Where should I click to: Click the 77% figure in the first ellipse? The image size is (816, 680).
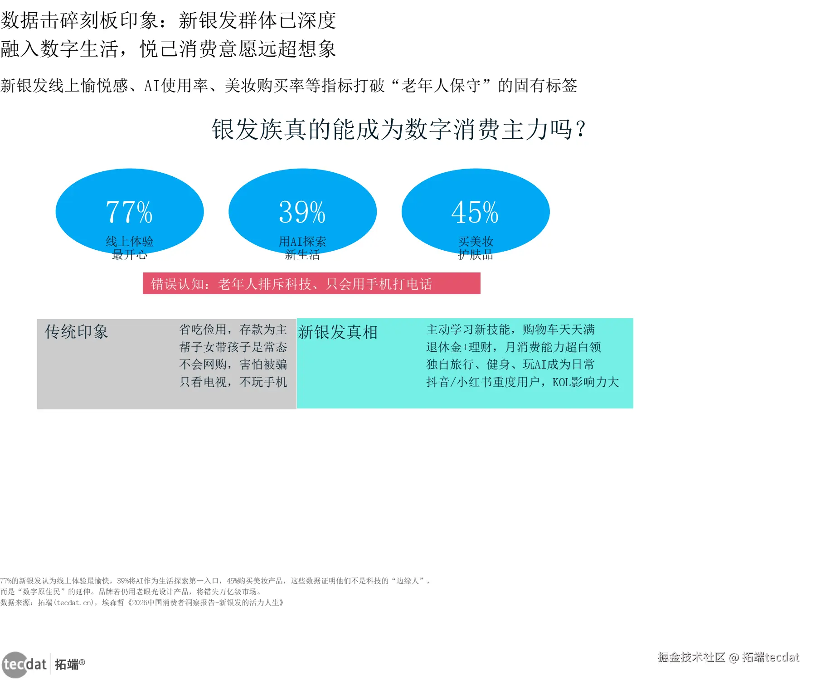tap(129, 212)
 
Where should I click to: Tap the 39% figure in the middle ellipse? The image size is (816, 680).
tap(302, 212)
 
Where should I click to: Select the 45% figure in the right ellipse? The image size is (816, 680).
tap(475, 212)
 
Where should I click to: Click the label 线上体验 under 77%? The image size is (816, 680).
tap(130, 241)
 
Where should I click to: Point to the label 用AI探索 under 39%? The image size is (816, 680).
tap(302, 241)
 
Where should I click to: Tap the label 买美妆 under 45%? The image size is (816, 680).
tap(476, 241)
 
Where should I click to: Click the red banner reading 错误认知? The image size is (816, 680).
tap(311, 284)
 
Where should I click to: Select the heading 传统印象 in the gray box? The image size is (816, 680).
tap(76, 332)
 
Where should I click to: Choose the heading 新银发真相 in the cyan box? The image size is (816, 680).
tap(338, 332)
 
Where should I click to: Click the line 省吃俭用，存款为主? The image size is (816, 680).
tap(233, 330)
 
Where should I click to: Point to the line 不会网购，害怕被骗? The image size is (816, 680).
tap(233, 364)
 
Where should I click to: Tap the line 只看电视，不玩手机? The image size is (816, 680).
tap(233, 382)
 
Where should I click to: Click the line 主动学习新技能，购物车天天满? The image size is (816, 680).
tap(510, 330)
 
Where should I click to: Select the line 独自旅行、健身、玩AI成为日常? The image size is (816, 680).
tap(510, 364)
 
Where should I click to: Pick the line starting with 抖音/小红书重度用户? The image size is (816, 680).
tap(522, 382)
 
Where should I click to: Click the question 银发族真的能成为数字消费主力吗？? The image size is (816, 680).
tap(399, 130)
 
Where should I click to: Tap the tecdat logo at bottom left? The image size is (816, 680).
tap(25, 665)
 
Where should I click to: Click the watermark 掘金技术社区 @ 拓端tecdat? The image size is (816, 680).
tap(729, 657)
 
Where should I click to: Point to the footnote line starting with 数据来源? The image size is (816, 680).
tap(142, 602)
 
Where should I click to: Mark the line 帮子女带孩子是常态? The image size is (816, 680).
tap(233, 347)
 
